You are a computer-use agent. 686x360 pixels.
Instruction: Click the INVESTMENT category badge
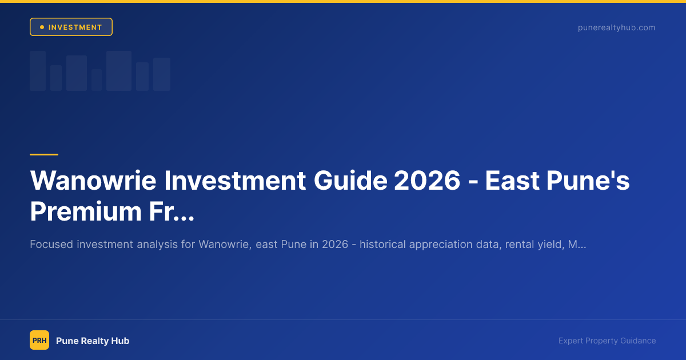71,27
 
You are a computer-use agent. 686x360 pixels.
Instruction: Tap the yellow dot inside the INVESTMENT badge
42,27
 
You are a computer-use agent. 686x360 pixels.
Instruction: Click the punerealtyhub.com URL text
616,27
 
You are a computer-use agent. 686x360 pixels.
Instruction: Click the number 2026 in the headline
428,181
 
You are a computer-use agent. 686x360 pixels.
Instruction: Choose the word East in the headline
510,181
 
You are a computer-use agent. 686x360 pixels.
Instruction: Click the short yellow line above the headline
44,154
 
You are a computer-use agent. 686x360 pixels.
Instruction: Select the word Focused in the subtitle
51,245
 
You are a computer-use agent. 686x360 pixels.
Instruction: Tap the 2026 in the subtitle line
334,245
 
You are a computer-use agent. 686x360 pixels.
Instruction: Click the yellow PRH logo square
39,341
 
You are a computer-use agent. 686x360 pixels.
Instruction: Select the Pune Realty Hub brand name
93,341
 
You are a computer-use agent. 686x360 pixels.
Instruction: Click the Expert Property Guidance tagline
607,341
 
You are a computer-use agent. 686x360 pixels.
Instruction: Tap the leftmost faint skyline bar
38,71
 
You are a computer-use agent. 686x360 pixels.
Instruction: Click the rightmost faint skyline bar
162,74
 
